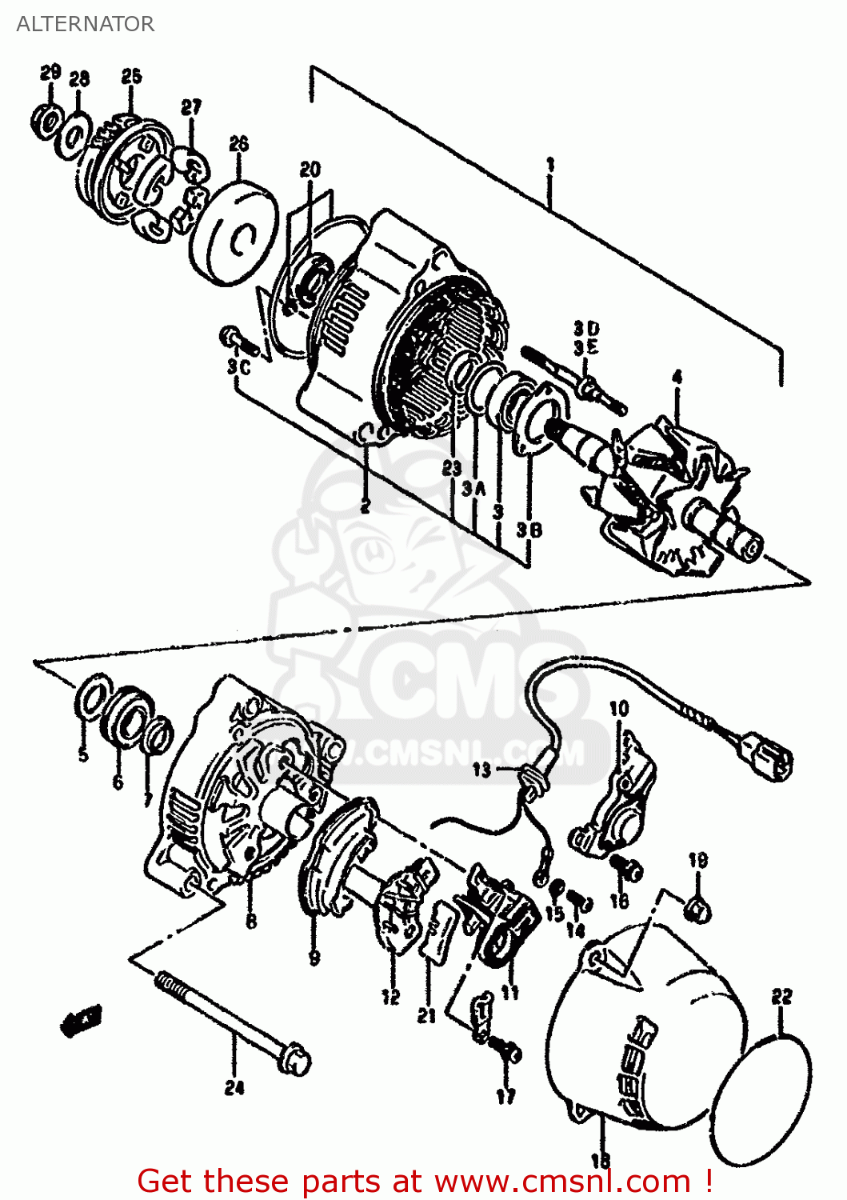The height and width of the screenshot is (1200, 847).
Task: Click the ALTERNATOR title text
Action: tap(85, 24)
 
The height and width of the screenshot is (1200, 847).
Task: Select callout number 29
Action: tap(50, 73)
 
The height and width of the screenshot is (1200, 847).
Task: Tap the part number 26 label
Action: tap(238, 144)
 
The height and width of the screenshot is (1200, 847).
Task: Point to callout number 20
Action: tap(310, 170)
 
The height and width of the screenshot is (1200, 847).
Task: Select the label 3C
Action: tap(238, 366)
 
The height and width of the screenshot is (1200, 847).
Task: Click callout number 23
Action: tap(452, 469)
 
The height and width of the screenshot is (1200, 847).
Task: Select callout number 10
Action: tap(619, 709)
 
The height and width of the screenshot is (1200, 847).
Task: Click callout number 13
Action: tap(481, 770)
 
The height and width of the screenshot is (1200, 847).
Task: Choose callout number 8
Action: tap(251, 922)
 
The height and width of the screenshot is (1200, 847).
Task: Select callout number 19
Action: tap(697, 861)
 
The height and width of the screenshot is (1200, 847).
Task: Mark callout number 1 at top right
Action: tap(549, 165)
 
